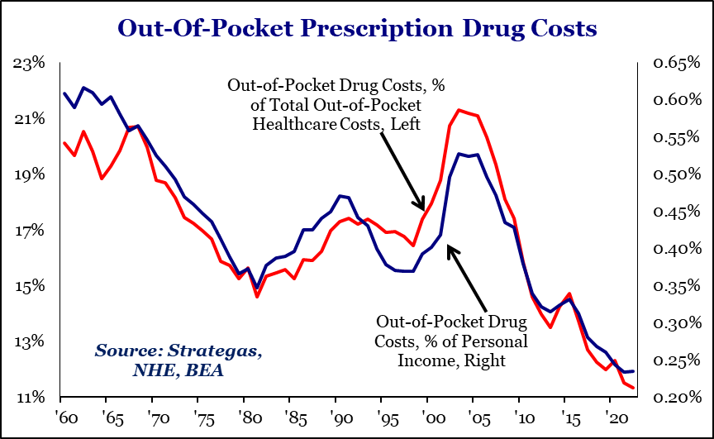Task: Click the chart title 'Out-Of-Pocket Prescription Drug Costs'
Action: coord(357,28)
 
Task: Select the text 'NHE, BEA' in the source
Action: coord(178,371)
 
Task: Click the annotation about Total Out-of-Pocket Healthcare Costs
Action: coord(324,105)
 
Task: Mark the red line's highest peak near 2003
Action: coord(459,110)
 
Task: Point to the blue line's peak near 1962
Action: coord(83,88)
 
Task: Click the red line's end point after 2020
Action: coord(634,387)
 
